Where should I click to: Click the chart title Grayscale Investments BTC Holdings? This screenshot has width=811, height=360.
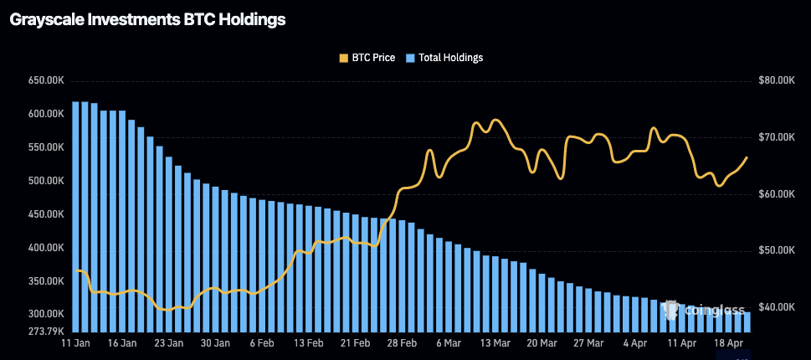[x=147, y=20]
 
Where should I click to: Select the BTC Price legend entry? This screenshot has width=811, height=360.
[x=367, y=58]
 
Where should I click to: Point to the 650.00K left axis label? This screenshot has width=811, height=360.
[x=47, y=80]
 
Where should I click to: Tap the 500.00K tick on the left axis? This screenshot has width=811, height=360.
[x=47, y=181]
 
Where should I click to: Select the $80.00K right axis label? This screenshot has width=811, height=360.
[x=776, y=80]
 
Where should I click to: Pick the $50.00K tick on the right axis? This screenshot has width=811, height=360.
[x=776, y=250]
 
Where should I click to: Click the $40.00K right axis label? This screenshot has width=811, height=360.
[x=776, y=307]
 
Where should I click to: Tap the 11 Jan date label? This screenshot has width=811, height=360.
[x=76, y=343]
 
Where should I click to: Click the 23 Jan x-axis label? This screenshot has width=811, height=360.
[x=169, y=343]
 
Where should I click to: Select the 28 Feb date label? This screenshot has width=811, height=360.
[x=402, y=343]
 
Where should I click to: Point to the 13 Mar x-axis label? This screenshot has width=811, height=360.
[x=495, y=343]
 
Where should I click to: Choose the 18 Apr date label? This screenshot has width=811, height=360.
[x=728, y=343]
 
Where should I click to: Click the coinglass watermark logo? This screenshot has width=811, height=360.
[x=704, y=311]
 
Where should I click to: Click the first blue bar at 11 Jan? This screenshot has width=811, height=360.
[x=76, y=218]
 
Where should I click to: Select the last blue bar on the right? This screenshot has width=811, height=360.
[x=747, y=322]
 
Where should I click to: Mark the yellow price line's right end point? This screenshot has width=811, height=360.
[x=747, y=157]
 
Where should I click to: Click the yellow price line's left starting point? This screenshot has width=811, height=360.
[x=76, y=270]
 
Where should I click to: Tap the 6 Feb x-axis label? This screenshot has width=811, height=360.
[x=262, y=343]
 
